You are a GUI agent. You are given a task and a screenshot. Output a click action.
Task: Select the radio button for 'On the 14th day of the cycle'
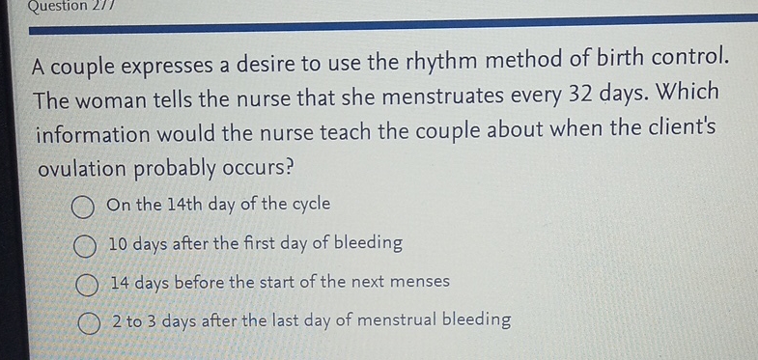(81, 207)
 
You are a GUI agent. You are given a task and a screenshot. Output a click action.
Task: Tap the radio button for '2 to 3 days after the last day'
(90, 321)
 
